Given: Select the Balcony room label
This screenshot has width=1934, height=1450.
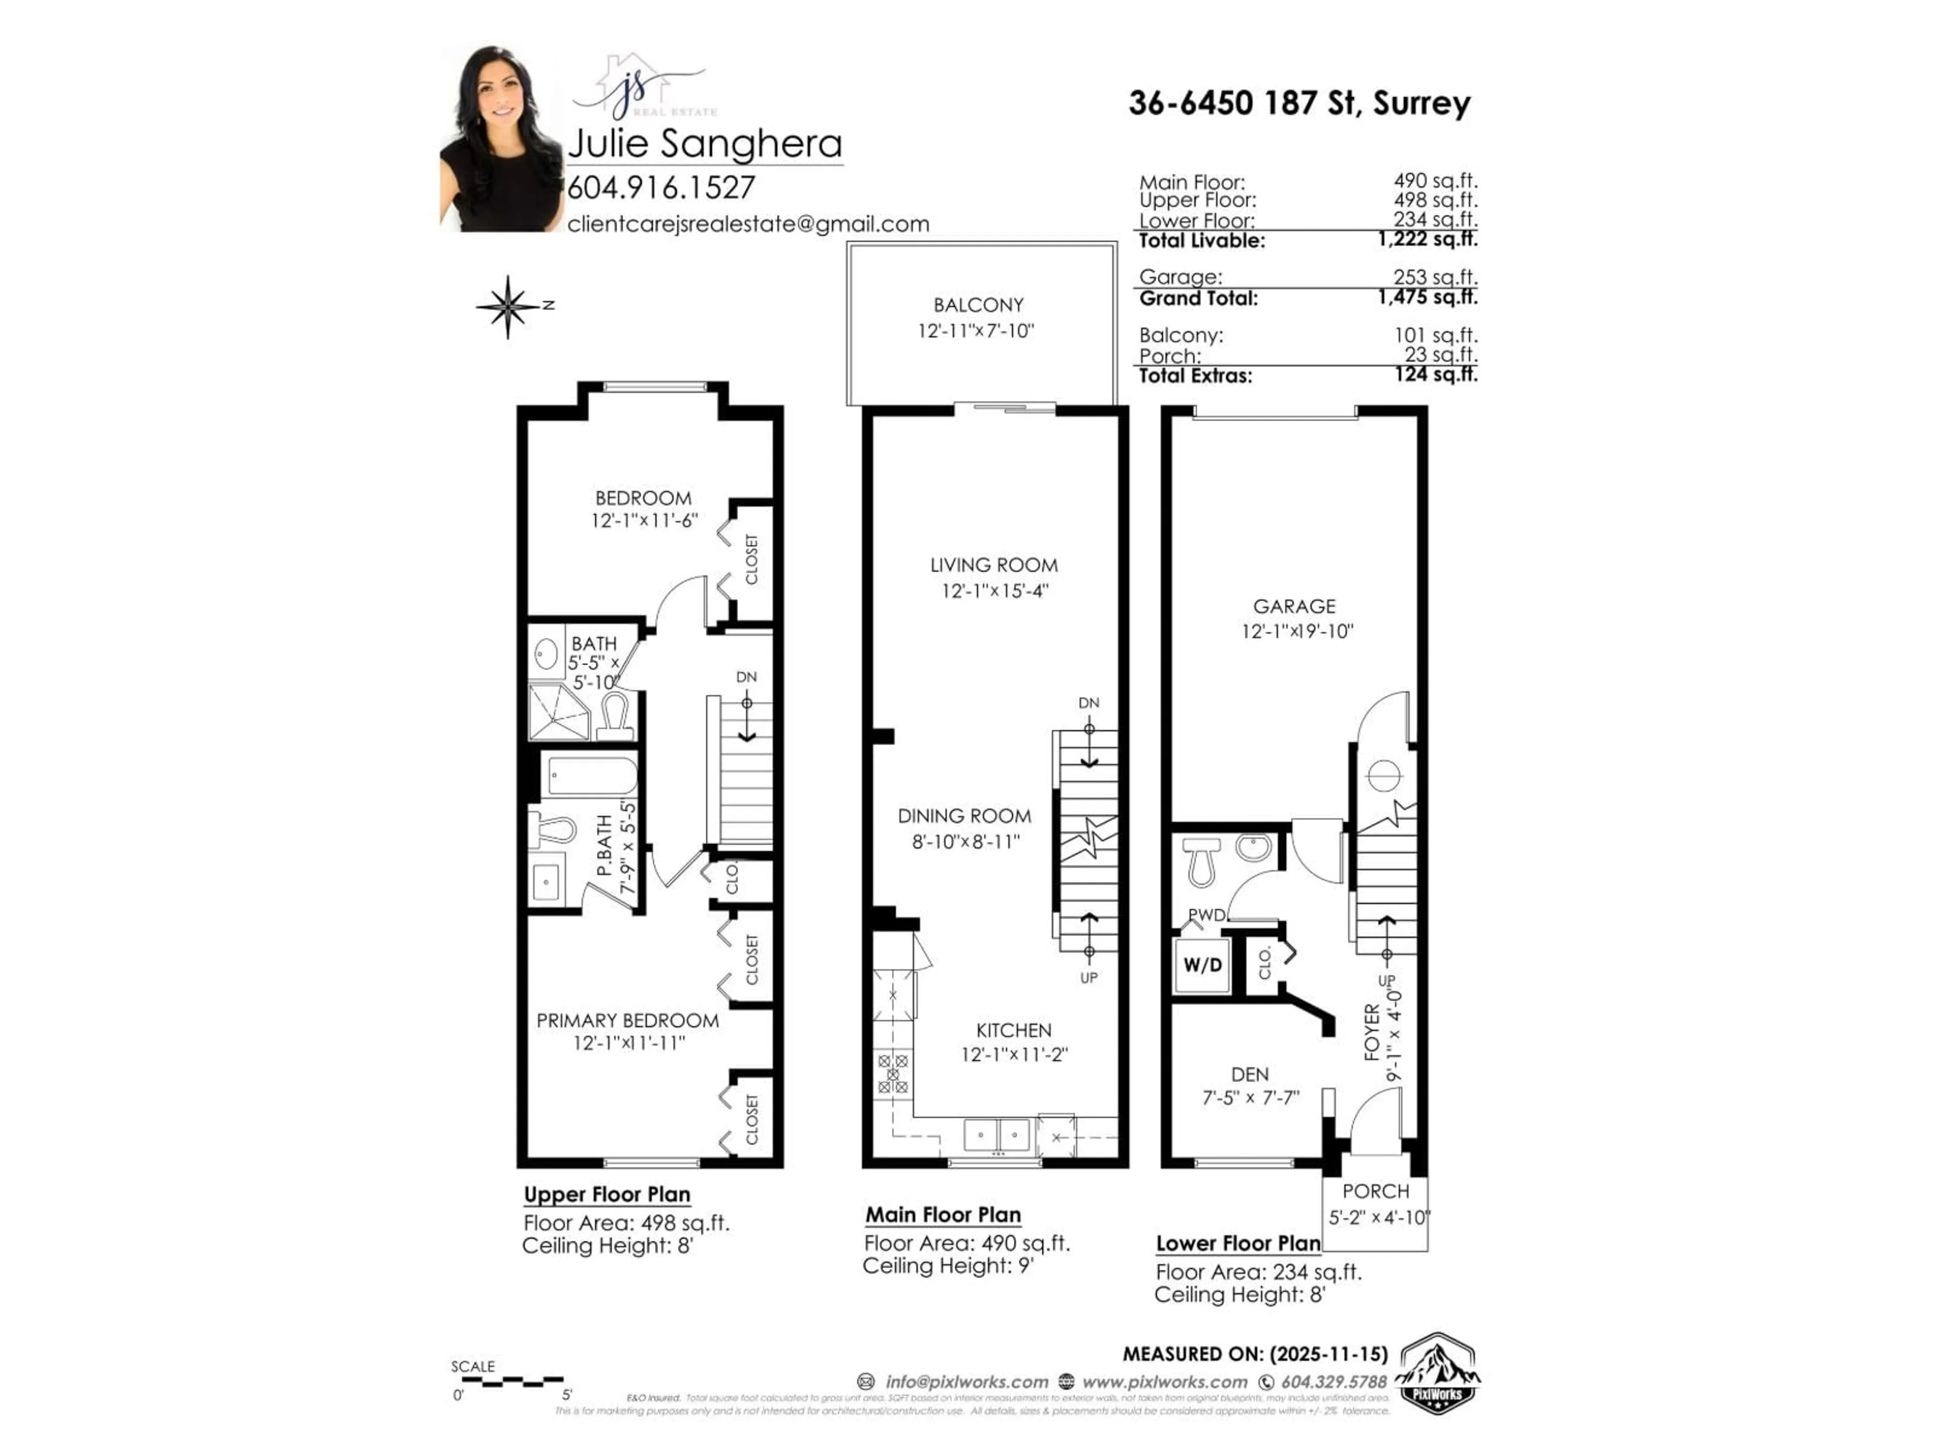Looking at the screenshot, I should pyautogui.click(x=978, y=305).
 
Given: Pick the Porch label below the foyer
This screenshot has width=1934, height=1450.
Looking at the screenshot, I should pyautogui.click(x=1375, y=1191).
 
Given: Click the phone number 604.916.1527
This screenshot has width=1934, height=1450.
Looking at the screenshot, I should pyautogui.click(x=661, y=188).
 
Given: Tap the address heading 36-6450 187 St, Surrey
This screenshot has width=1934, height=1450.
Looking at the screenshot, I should pyautogui.click(x=1299, y=103).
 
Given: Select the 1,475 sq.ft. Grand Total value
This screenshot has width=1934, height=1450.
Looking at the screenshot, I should pyautogui.click(x=1427, y=297).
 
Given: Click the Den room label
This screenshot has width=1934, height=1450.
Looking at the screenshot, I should pyautogui.click(x=1250, y=1074).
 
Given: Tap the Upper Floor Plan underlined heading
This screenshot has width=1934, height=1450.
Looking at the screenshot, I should pyautogui.click(x=607, y=1195).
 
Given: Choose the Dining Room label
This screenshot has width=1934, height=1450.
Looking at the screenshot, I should pyautogui.click(x=964, y=816).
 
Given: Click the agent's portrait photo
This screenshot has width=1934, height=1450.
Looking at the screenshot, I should pyautogui.click(x=501, y=140).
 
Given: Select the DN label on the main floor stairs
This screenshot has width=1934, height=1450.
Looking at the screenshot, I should pyautogui.click(x=1088, y=703).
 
